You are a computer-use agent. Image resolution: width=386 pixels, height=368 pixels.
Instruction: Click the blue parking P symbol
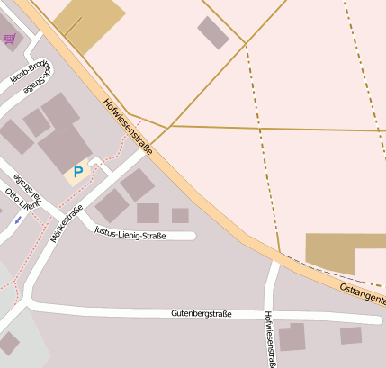point(78,171)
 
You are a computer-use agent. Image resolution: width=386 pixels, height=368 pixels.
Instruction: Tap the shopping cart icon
point(10,39)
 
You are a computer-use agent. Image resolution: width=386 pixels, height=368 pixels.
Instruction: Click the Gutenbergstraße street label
point(202,314)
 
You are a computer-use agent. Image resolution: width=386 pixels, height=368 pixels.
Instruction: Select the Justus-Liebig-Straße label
point(130,233)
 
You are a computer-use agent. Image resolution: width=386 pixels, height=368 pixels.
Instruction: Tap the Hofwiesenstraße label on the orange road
point(128,126)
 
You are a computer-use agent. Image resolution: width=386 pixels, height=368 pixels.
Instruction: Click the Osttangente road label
point(363,292)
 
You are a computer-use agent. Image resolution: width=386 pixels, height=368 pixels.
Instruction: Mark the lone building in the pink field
point(213,31)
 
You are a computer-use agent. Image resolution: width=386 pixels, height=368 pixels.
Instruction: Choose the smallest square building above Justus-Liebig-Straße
point(180,215)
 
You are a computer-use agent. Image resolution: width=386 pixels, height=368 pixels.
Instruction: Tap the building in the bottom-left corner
point(9,343)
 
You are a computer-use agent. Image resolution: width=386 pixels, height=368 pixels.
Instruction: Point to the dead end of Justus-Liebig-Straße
point(193,236)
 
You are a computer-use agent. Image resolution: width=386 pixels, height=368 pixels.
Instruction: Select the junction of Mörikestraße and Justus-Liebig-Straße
point(88,225)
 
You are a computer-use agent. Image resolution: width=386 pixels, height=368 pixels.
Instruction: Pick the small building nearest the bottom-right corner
point(351,335)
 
